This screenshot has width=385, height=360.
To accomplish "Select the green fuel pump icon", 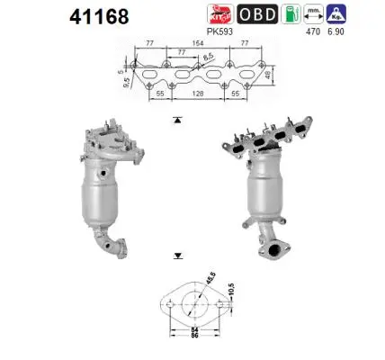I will pyautogui.click(x=289, y=15).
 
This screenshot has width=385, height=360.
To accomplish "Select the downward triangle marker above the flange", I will pyautogui.click(x=177, y=256).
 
